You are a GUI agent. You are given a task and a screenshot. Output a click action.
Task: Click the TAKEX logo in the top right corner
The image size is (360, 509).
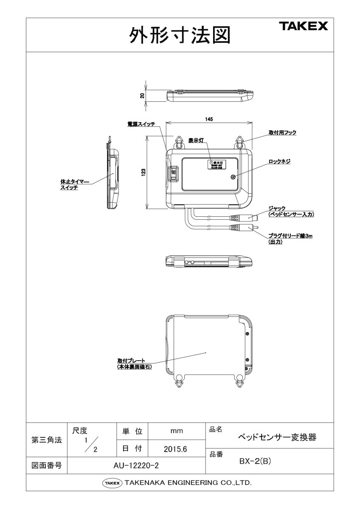[x=303, y=27]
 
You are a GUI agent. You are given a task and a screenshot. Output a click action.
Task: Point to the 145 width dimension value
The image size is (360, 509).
[x=208, y=119]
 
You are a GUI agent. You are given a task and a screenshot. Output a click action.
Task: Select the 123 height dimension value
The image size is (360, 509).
[x=143, y=172]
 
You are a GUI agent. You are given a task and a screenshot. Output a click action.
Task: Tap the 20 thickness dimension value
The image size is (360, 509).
[x=143, y=95]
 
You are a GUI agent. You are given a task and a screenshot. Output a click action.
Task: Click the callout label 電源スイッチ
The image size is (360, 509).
[x=141, y=124]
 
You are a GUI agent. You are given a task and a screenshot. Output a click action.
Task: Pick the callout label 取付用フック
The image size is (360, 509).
[x=282, y=133]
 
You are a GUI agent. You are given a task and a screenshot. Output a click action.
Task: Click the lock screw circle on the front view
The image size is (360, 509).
[x=233, y=178]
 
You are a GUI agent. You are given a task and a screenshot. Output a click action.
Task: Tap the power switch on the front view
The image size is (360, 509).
[x=174, y=173]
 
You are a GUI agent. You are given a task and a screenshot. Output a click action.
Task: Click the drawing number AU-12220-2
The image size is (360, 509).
[x=136, y=466]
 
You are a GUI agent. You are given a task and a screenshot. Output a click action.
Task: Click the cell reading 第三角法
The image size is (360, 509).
[x=47, y=440]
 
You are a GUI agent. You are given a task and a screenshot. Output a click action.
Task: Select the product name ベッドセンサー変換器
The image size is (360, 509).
[x=276, y=437]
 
